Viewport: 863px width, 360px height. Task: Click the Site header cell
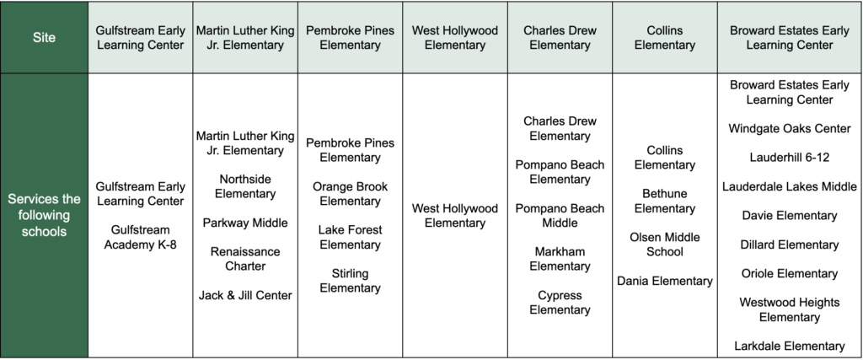44,37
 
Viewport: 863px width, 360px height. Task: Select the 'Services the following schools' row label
44,215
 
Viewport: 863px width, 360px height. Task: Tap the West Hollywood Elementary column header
455,37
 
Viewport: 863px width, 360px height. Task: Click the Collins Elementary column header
664,37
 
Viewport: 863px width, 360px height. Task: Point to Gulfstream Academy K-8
140,237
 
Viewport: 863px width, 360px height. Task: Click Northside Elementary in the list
245,186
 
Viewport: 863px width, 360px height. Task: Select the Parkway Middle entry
245,223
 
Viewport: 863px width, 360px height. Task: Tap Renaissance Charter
245,259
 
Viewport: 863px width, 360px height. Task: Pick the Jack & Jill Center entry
245,295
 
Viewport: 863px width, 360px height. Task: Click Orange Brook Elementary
350,194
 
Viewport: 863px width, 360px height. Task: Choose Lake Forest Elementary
350,237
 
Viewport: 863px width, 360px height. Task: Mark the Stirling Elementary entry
350,281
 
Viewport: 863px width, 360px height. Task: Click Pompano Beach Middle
560,215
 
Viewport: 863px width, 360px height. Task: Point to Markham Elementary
560,259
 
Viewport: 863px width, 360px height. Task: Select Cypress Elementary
560,302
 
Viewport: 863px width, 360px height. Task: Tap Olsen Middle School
664,244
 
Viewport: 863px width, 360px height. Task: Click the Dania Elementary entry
664,281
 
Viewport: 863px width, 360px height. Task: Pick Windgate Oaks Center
790,128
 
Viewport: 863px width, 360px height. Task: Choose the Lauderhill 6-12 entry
790,157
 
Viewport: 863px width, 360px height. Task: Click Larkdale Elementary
790,346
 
